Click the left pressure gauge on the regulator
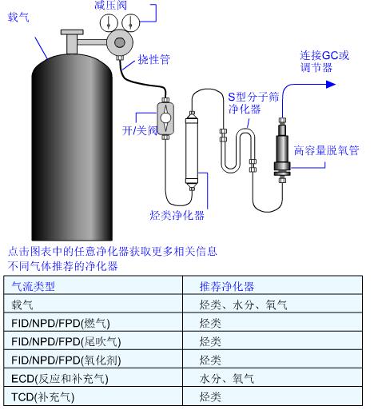109,22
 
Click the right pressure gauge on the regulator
131,22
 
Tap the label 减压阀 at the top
110,5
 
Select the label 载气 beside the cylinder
18,18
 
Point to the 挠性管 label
154,59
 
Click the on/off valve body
165,118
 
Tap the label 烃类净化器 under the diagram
177,216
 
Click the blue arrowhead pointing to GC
331,85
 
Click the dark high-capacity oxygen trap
282,150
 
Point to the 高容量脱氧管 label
327,150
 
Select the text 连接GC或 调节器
324,62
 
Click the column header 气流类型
34,286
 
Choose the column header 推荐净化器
227,286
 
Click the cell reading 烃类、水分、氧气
244,305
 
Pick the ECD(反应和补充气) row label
60,379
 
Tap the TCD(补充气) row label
43,397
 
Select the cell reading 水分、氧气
227,379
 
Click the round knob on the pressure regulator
119,42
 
